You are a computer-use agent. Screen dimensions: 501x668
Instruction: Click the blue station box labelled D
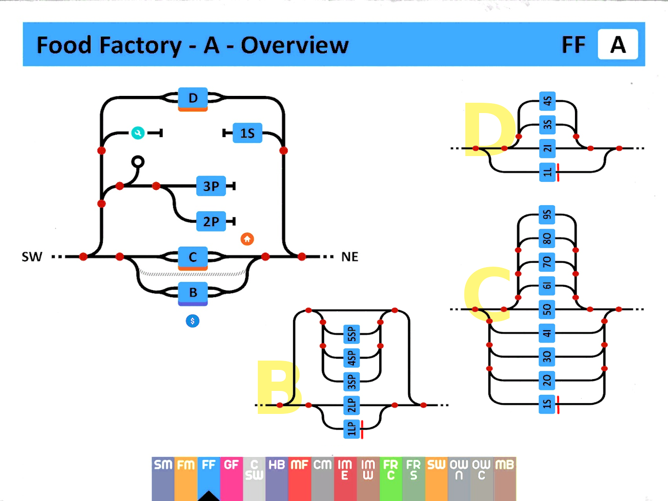pos(193,98)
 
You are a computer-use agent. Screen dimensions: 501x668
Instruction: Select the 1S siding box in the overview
pos(247,133)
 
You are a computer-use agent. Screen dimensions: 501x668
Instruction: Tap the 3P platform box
pos(211,186)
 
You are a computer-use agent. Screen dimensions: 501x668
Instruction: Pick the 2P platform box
pos(211,222)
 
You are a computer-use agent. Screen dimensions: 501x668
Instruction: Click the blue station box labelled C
pos(193,257)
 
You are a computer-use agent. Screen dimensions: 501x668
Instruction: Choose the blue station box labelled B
pos(193,293)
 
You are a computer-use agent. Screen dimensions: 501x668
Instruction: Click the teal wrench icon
pos(138,133)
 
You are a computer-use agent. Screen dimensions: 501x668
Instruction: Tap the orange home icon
pos(247,239)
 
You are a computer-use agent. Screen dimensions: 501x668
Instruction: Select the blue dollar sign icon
pos(193,321)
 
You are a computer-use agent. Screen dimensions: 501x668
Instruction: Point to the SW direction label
pos(32,257)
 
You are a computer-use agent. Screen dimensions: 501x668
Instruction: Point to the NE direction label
pos(350,257)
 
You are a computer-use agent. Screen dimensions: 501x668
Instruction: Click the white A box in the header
pos(618,45)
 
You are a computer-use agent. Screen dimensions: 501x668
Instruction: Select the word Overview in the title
pos(295,46)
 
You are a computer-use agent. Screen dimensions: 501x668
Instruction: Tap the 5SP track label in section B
pos(351,334)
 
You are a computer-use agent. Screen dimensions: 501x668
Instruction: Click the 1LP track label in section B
pos(351,429)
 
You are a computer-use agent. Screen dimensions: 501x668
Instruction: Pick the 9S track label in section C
pos(547,215)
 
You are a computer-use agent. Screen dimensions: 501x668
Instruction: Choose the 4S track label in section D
pos(547,101)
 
